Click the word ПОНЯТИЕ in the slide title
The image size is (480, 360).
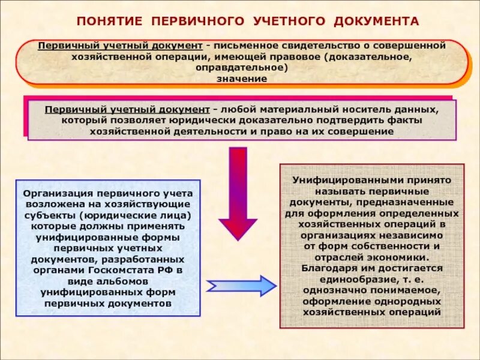click(x=110, y=21)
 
